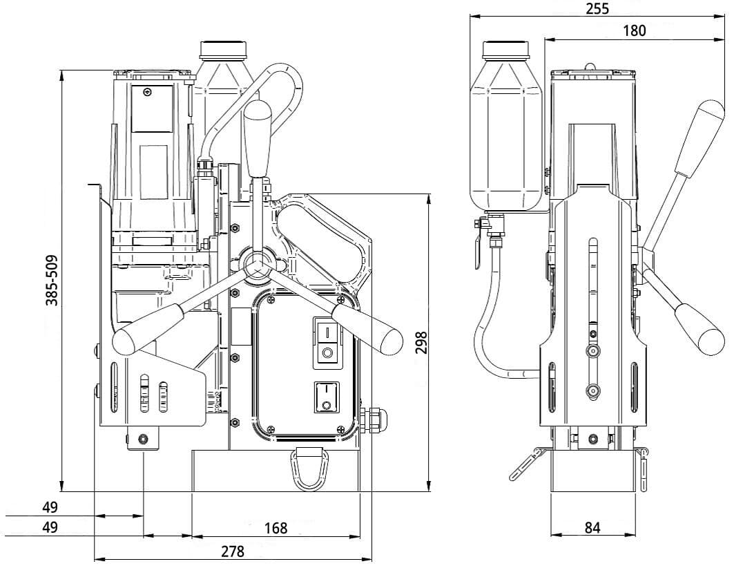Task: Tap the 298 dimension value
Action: pyautogui.click(x=421, y=343)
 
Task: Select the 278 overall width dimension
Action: pyautogui.click(x=233, y=551)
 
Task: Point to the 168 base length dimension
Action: pyautogui.click(x=276, y=528)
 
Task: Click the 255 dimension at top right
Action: pyautogui.click(x=597, y=8)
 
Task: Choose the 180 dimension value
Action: pyautogui.click(x=634, y=31)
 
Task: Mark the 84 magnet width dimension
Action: pyautogui.click(x=592, y=527)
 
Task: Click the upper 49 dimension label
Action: pyautogui.click(x=50, y=507)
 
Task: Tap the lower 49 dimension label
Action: pyautogui.click(x=50, y=527)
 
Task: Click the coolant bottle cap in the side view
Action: pyautogui.click(x=505, y=50)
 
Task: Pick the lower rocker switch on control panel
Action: pyautogui.click(x=326, y=397)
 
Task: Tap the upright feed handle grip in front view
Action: pyautogui.click(x=258, y=138)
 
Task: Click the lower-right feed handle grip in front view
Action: pyautogui.click(x=367, y=329)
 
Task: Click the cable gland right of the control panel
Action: pyautogui.click(x=374, y=419)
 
